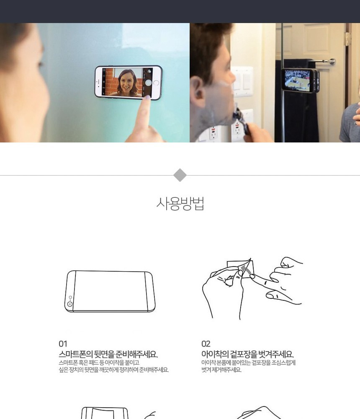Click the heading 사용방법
[180, 204]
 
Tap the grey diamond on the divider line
[180, 175]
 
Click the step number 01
[63, 344]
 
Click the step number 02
[206, 344]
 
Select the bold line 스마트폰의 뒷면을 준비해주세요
[108, 354]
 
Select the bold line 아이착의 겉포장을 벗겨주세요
[247, 354]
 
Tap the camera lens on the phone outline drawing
[70, 304]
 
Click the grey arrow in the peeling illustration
[246, 269]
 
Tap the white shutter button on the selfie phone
[149, 83]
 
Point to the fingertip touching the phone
[147, 99]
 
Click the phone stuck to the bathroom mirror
[300, 80]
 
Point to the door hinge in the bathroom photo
[348, 39]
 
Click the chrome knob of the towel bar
[332, 62]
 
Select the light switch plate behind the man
[242, 82]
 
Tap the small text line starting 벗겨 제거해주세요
[221, 370]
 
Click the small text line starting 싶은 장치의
[113, 370]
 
